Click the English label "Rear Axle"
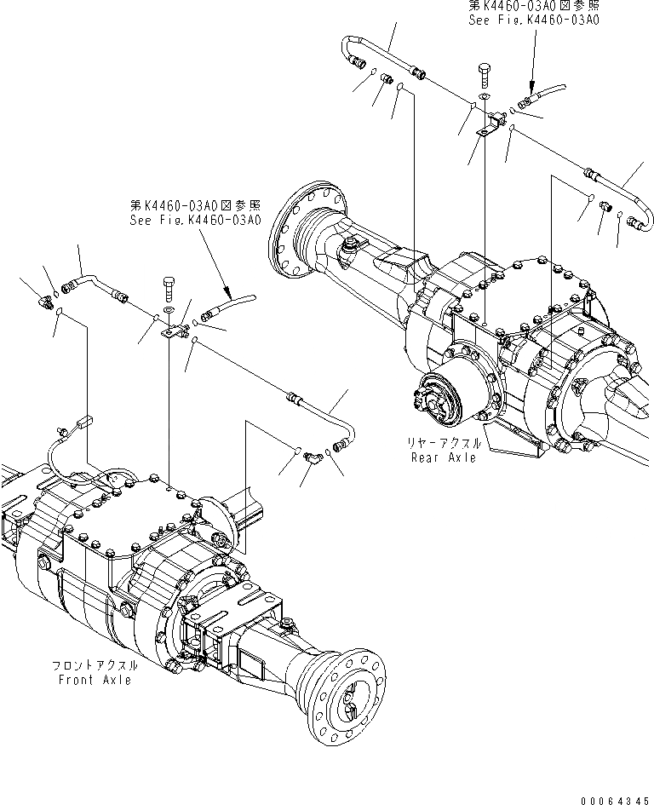coord(441,457)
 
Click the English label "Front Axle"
coord(95,680)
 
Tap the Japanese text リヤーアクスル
coord(443,444)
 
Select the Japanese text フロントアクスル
coord(95,666)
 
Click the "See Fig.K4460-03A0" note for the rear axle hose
coord(533,18)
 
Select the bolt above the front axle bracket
coord(168,287)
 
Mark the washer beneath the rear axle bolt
coord(485,98)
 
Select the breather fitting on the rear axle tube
coord(349,246)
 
